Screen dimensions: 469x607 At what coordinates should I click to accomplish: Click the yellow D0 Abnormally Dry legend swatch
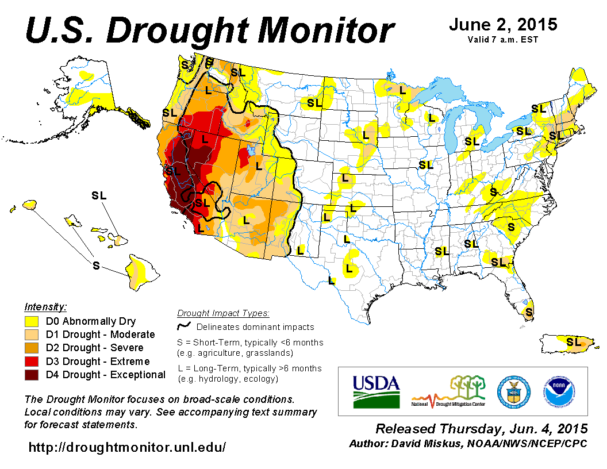pyautogui.click(x=32, y=321)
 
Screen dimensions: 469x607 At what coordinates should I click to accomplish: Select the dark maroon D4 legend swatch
pyautogui.click(x=32, y=375)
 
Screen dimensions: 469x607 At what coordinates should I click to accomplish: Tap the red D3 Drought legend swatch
pyautogui.click(x=32, y=362)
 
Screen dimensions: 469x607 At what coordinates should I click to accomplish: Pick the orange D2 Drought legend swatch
pyautogui.click(x=32, y=348)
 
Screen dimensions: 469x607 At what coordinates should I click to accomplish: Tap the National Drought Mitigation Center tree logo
pyautogui.click(x=449, y=391)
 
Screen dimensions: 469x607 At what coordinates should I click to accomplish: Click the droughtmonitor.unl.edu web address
pyautogui.click(x=127, y=447)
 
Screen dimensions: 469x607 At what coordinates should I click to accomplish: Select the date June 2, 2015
pyautogui.click(x=503, y=25)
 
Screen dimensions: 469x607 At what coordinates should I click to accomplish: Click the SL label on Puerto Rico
pyautogui.click(x=573, y=341)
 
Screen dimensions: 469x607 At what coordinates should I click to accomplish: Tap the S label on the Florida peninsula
pyautogui.click(x=529, y=312)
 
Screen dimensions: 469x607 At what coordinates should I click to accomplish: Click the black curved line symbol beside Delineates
pyautogui.click(x=185, y=326)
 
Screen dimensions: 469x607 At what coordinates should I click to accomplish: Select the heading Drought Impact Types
pyautogui.click(x=223, y=313)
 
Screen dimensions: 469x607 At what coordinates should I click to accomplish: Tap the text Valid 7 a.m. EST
pyautogui.click(x=503, y=40)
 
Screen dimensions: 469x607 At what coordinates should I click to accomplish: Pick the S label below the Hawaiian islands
pyautogui.click(x=97, y=265)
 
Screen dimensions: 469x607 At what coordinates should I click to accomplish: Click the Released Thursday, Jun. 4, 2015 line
pyautogui.click(x=481, y=429)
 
